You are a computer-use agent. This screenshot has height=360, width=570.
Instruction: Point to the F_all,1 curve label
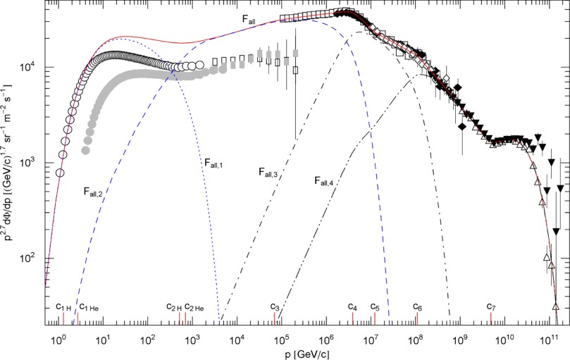[x=214, y=163]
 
